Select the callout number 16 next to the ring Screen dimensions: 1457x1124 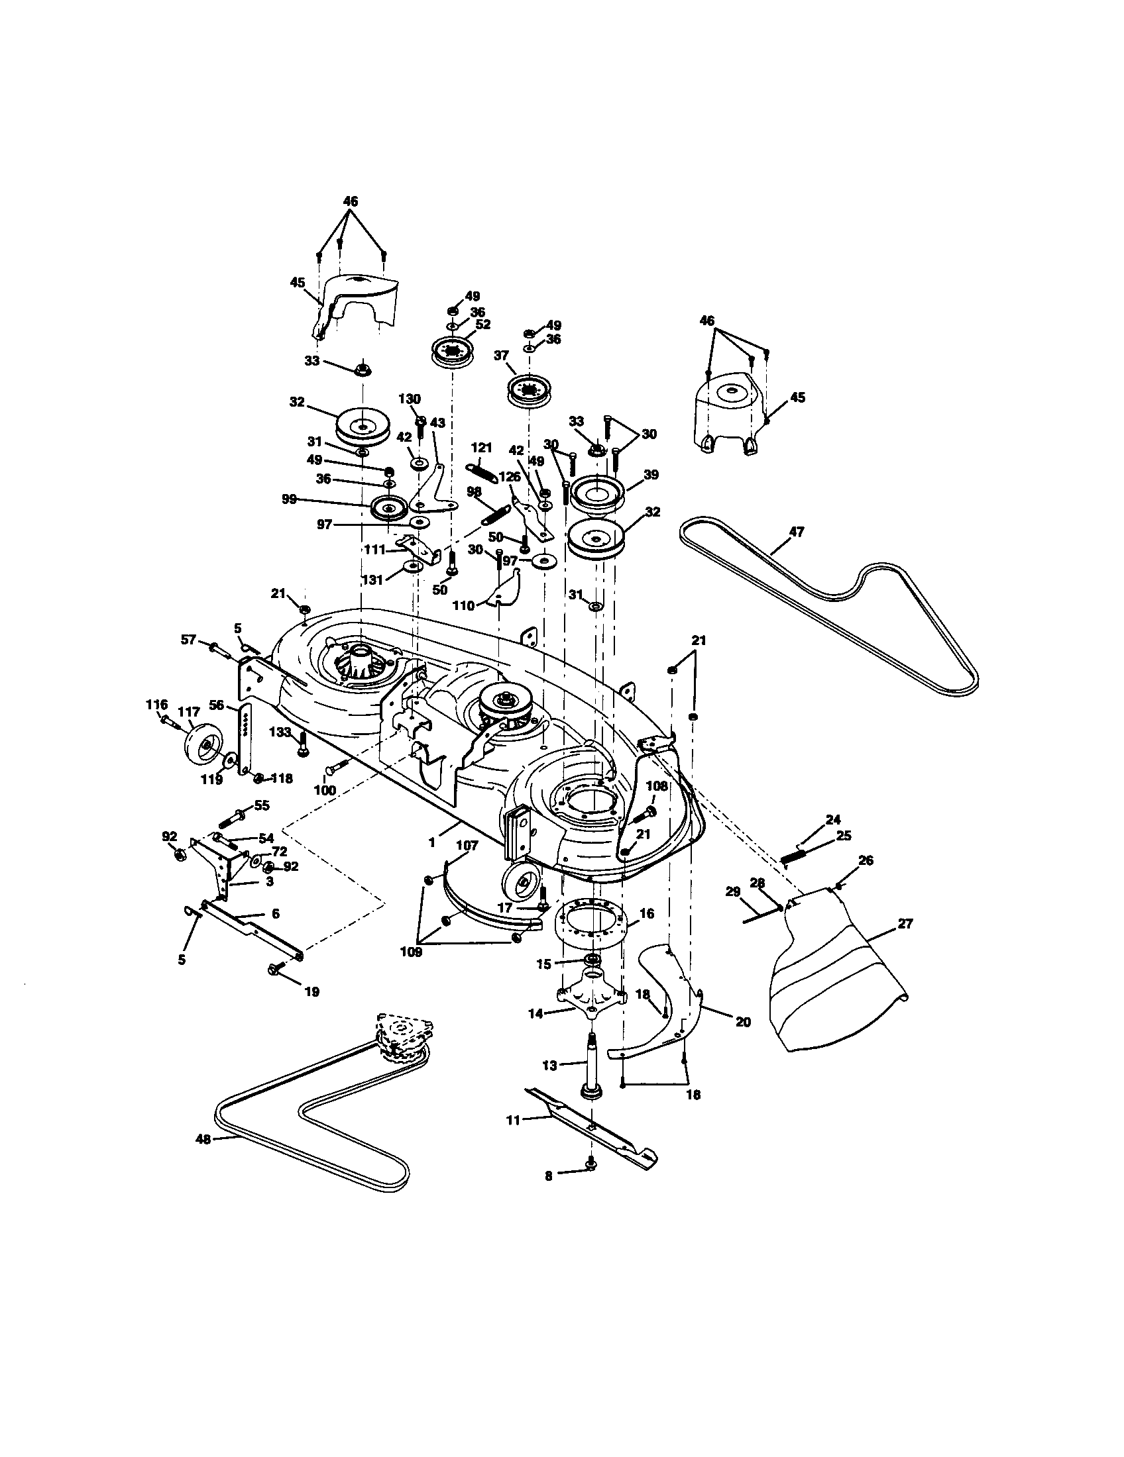coord(646,913)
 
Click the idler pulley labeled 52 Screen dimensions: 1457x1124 coord(453,351)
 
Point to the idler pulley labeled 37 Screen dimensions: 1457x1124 coord(530,389)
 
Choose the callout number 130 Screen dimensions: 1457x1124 coord(409,399)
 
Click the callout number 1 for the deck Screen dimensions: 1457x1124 coord(432,842)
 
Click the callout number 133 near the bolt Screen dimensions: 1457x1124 coord(280,732)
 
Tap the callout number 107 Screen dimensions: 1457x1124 coord(467,846)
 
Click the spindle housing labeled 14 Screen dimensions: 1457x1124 coord(590,998)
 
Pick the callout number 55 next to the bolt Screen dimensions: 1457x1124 coord(261,806)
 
